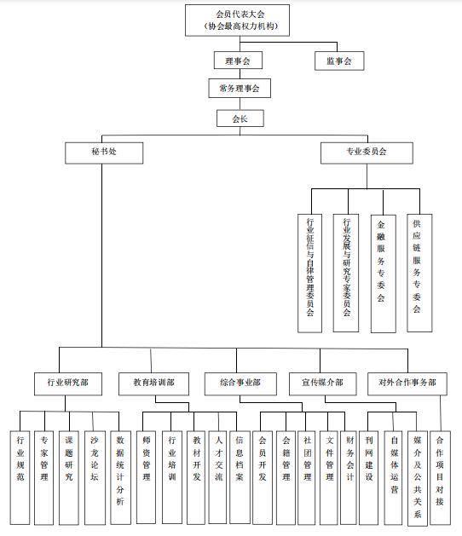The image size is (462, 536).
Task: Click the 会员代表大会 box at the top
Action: coord(237,20)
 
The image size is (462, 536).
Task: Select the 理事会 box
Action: coord(238,61)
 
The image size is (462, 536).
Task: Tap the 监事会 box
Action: coord(339,61)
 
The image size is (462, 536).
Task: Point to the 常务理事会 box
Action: coord(240,88)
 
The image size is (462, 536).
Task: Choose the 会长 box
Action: coord(240,118)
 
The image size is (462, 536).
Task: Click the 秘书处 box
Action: coord(104,153)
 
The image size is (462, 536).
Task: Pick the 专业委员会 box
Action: coord(367,153)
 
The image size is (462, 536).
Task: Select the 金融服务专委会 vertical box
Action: coord(384,274)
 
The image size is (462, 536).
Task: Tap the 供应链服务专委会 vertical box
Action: coord(419,273)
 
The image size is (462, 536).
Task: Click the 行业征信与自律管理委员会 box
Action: coord(309,274)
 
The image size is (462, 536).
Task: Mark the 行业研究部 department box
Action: coord(68,383)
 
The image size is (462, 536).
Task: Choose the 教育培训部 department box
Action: coord(153,383)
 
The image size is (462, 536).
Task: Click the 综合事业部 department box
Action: coord(240,383)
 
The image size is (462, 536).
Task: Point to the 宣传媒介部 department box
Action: coord(323,383)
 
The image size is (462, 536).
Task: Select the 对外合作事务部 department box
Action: coord(407,383)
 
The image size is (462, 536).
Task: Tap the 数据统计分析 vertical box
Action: coord(120,477)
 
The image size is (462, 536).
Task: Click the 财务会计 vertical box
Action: coord(348,477)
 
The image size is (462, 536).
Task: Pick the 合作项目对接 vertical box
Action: coord(440,477)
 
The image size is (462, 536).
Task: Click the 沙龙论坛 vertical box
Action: coord(95,477)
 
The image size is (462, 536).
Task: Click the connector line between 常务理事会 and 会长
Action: coord(240,104)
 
